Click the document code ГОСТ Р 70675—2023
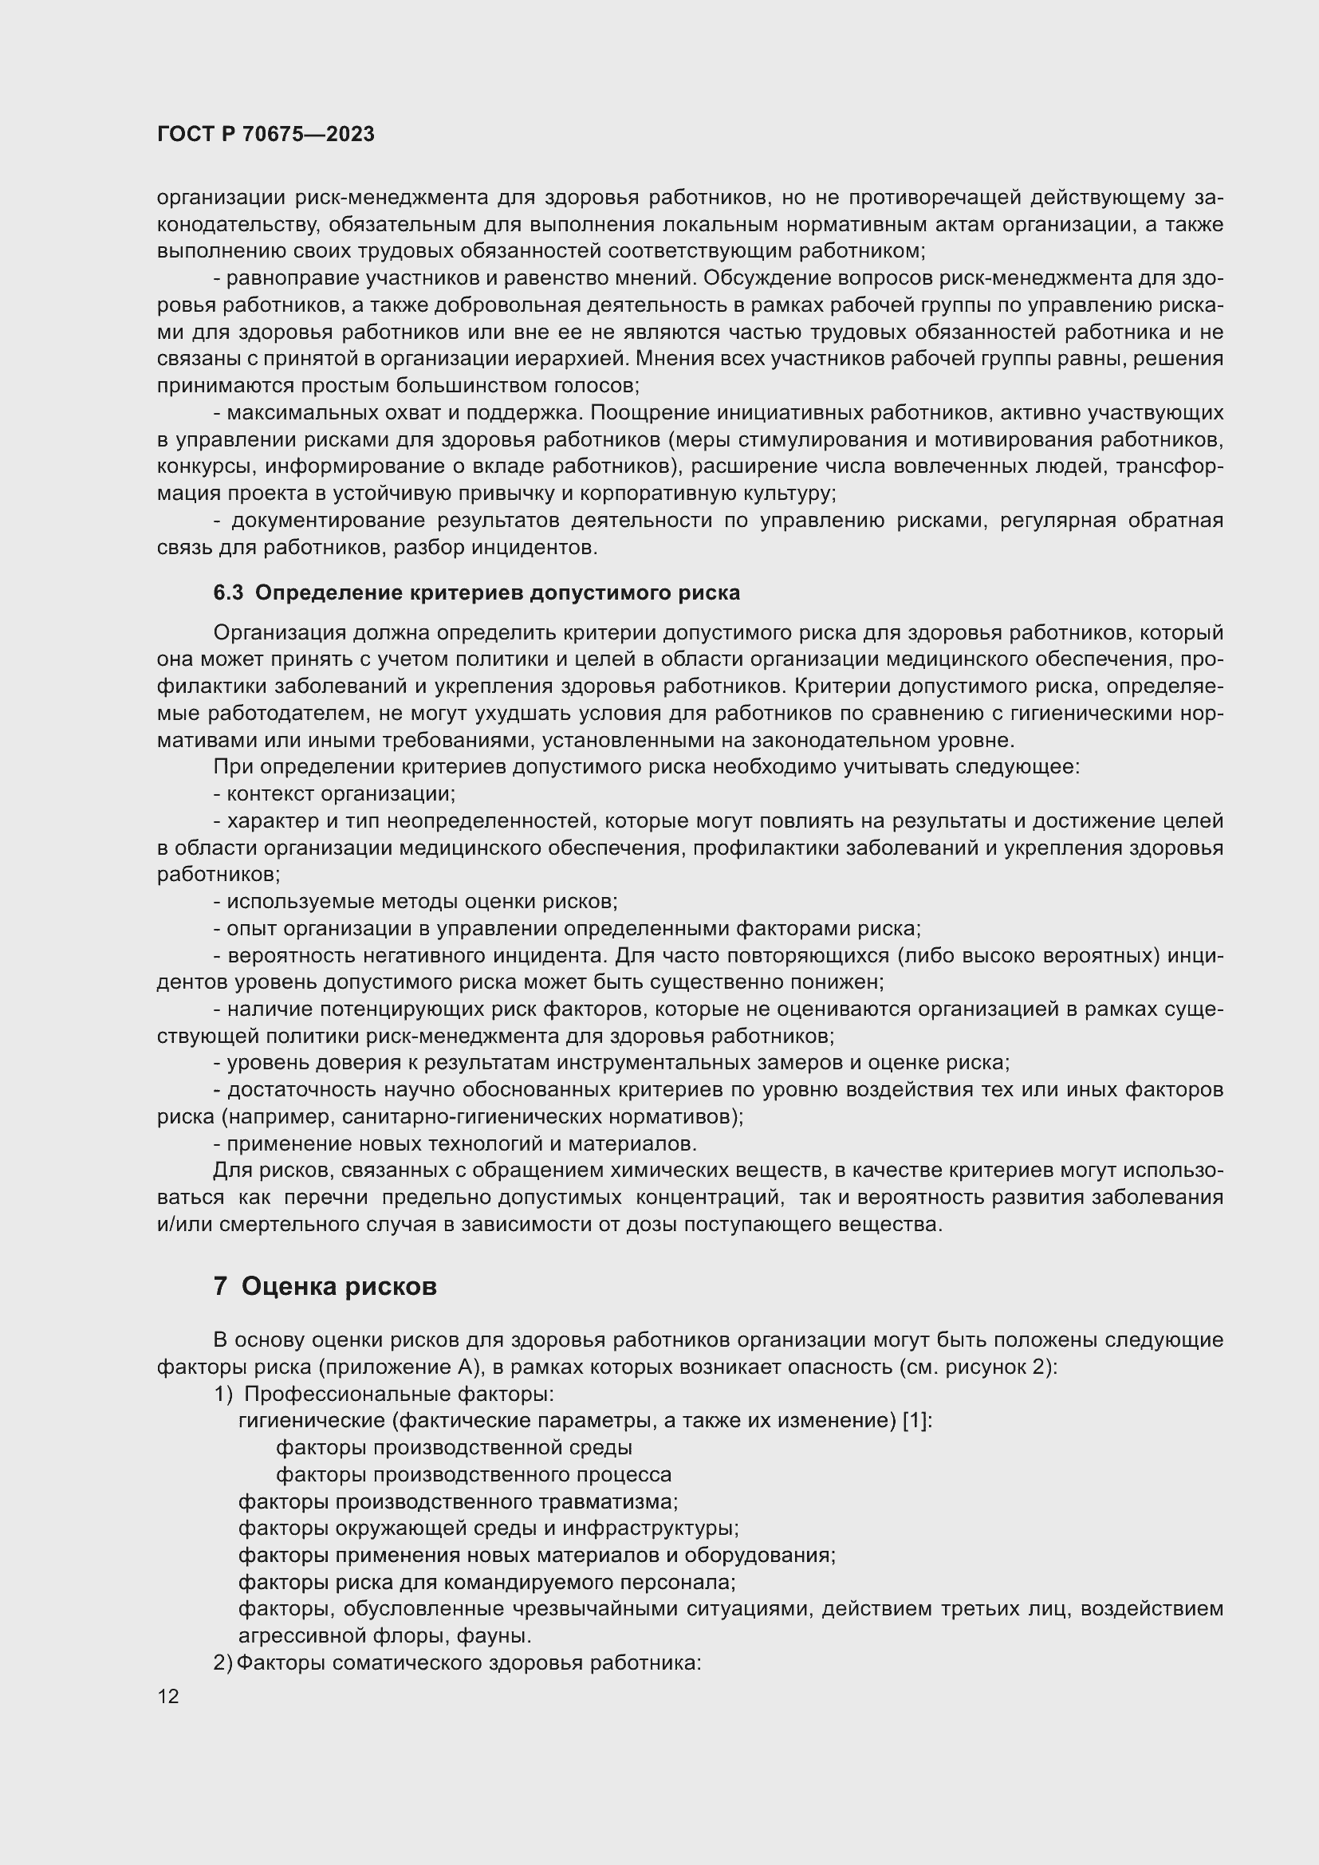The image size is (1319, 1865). (266, 134)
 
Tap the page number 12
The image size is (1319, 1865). (168, 1696)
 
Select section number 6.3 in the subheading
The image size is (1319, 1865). (227, 593)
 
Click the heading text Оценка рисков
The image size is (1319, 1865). (339, 1287)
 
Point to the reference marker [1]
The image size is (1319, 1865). (917, 1421)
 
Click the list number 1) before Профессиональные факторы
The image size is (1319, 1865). (223, 1394)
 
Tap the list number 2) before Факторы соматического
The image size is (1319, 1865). (222, 1662)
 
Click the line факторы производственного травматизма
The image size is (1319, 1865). (457, 1501)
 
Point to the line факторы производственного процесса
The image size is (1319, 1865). (474, 1474)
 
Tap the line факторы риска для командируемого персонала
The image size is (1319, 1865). (486, 1581)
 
